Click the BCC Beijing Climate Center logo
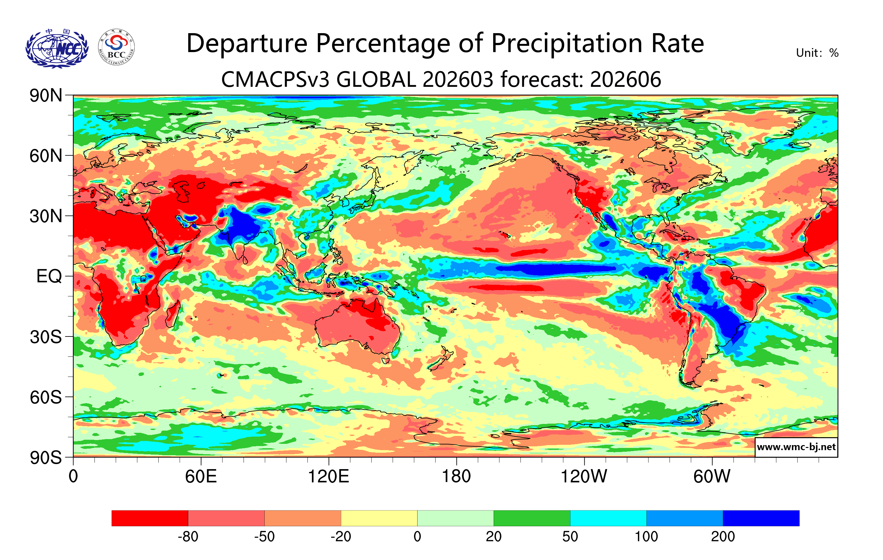point(116,47)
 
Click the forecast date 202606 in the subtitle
point(626,79)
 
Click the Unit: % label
point(817,53)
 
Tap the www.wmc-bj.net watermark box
point(796,447)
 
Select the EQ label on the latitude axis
point(49,276)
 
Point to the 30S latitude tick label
point(46,337)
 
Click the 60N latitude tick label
point(46,156)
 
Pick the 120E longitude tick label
point(328,477)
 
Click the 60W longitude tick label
point(712,477)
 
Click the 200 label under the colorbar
point(723,537)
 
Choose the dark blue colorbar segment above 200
point(761,518)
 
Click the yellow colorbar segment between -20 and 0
point(379,518)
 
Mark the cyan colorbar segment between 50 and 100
point(608,518)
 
